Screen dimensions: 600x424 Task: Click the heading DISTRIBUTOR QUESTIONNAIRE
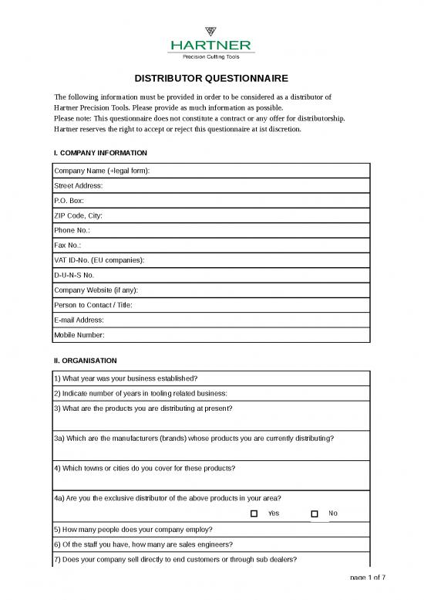212,79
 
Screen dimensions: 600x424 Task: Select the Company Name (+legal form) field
262,171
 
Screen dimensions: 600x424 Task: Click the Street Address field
231,186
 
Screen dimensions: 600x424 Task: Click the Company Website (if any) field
247,290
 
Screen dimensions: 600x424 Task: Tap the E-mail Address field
231,320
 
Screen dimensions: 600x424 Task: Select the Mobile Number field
231,334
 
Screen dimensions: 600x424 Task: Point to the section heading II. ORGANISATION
85,360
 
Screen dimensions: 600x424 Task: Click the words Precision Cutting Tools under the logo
211,56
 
